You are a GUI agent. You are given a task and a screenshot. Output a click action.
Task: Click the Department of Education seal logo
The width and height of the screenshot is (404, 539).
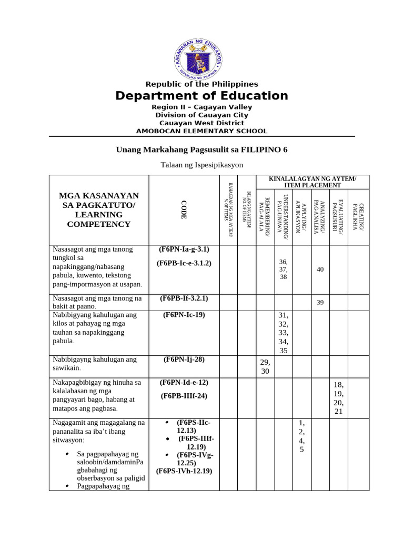(198, 55)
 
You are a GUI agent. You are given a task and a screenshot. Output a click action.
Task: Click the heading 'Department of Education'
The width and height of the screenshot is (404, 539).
(201, 96)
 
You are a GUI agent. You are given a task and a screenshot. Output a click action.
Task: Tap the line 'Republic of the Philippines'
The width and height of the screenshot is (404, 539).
(201, 84)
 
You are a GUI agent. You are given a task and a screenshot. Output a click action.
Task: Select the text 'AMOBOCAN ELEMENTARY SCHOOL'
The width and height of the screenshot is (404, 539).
(201, 131)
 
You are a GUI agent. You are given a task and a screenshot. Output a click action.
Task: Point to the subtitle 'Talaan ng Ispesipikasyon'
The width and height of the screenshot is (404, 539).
(201, 165)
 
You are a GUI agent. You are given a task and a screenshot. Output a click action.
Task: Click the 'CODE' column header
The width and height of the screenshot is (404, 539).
(184, 209)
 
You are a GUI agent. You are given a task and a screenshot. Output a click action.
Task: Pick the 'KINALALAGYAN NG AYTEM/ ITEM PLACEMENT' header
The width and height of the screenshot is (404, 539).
(312, 182)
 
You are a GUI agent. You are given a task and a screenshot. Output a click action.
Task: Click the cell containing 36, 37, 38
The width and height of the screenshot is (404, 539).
(284, 269)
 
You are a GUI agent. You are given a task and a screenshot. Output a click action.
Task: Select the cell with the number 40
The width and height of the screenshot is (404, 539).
(320, 269)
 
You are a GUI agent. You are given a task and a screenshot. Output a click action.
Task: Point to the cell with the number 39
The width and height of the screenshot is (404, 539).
(320, 302)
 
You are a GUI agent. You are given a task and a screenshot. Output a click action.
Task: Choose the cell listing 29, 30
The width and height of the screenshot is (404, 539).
(265, 366)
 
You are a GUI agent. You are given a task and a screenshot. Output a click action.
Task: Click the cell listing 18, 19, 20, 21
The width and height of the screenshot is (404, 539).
(338, 398)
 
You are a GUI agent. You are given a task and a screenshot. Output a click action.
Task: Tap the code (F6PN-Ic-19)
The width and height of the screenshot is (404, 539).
(184, 315)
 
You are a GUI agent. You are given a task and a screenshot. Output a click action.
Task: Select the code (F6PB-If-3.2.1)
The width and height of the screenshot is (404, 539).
(184, 298)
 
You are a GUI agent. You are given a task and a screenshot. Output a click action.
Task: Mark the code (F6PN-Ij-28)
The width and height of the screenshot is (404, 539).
(184, 360)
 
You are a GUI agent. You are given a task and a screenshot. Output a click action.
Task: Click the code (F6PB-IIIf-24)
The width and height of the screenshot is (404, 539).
(184, 396)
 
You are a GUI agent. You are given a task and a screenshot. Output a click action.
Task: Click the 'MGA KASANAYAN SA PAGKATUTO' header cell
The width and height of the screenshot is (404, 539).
(99, 210)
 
